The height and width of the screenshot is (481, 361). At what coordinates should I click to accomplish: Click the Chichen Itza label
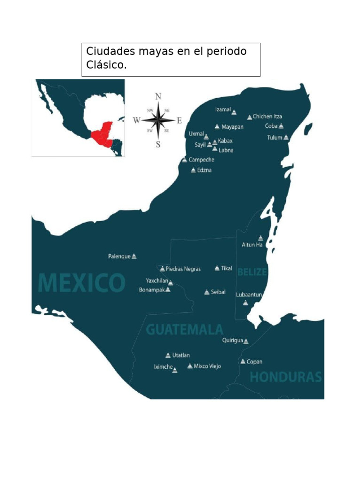point(267,116)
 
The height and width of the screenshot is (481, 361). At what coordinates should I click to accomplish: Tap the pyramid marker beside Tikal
point(217,268)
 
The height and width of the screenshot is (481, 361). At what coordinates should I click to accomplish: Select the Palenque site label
point(119,256)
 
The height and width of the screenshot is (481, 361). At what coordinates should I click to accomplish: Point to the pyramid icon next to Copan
point(243,362)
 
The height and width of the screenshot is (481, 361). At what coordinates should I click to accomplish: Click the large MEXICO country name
point(81,283)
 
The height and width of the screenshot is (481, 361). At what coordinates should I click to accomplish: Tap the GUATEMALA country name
point(184,329)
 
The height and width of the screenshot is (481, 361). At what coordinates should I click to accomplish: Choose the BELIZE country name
point(252,272)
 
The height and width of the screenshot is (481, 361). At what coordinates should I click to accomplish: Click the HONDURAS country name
point(285,377)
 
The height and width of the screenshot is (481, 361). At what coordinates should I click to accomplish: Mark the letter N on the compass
point(158,96)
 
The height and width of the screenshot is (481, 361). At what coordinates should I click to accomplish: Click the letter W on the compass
point(137,120)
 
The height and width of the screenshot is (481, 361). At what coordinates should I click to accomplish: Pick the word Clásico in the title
point(106,65)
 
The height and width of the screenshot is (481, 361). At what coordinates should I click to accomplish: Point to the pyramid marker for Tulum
point(286,138)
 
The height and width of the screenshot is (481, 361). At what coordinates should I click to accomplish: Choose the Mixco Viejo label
point(207,366)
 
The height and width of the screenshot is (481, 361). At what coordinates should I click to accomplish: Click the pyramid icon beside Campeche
point(184,160)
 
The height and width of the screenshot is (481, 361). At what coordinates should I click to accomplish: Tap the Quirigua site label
point(232,341)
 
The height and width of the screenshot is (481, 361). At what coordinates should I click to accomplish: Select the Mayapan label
point(232,127)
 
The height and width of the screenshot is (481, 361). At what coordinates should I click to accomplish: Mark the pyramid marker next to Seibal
point(207,292)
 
